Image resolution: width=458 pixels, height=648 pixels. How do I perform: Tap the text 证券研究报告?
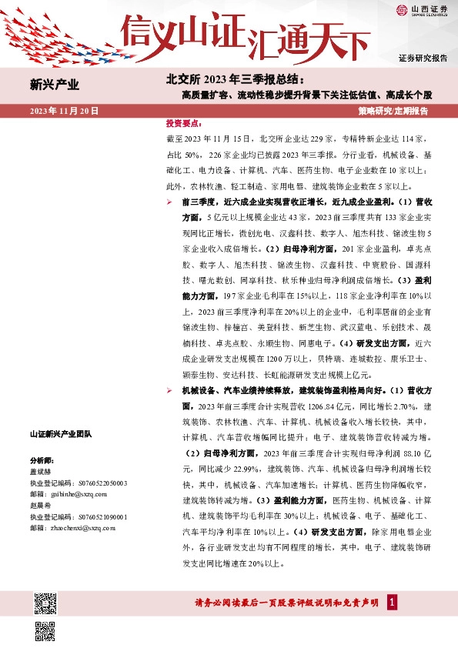(423, 58)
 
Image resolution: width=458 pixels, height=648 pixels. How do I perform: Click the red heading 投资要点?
(183, 123)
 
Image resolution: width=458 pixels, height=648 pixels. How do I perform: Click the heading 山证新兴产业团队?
(60, 434)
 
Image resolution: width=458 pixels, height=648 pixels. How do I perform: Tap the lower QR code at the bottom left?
(45, 630)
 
